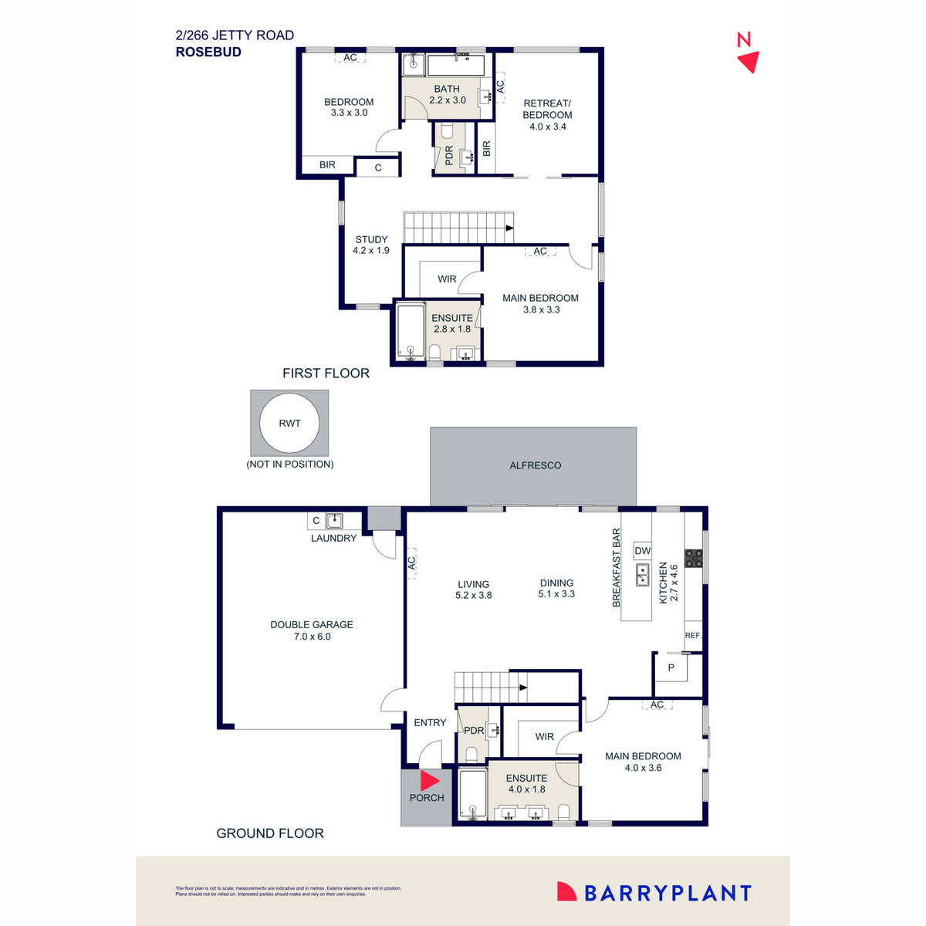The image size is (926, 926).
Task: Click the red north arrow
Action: [x=749, y=62]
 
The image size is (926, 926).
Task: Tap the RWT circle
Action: [x=289, y=423]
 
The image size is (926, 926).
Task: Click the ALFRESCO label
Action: [x=535, y=465]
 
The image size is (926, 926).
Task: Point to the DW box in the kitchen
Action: [x=642, y=551]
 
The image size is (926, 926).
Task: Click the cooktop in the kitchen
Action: [x=693, y=558]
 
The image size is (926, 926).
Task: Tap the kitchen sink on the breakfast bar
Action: [x=642, y=575]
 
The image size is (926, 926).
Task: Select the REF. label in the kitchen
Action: [x=693, y=635]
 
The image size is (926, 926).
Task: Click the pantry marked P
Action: [x=671, y=667]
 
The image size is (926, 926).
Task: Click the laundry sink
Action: [x=334, y=521]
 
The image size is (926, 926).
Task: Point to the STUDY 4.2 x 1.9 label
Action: [x=371, y=245]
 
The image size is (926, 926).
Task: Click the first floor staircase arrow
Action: [x=509, y=228]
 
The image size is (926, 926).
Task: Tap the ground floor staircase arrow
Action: [x=523, y=687]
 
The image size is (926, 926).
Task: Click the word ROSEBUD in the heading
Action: [x=208, y=52]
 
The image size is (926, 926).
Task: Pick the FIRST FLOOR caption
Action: [x=326, y=373]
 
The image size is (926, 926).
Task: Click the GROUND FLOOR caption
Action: [x=270, y=833]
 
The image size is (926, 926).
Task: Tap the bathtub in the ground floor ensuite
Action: [x=472, y=794]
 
